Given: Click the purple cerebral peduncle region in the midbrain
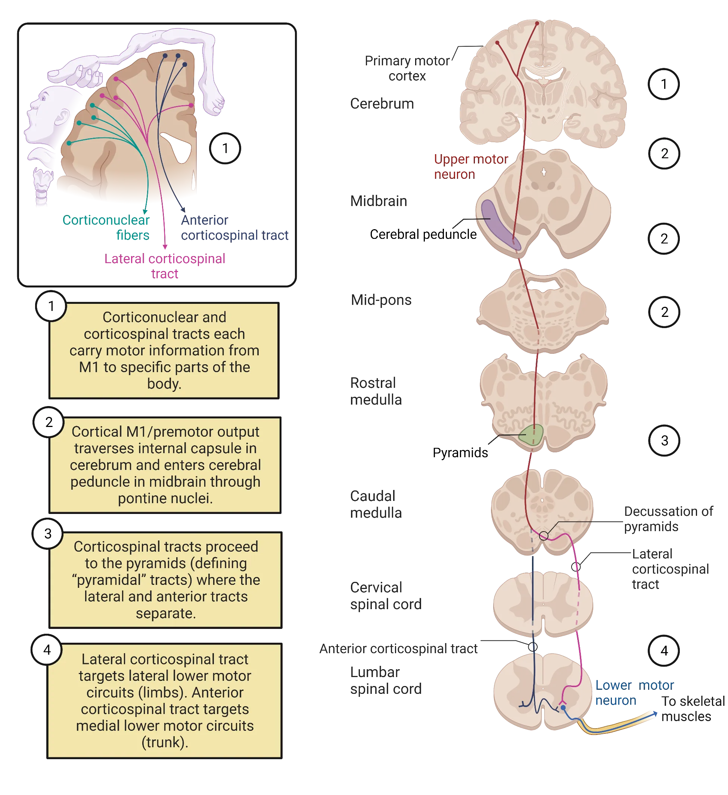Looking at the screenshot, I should click(498, 224).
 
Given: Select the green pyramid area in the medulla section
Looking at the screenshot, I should click(532, 435).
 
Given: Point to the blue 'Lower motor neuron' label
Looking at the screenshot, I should click(633, 692).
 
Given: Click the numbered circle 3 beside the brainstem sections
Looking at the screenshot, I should click(664, 440).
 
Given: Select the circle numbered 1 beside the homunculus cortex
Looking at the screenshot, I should click(225, 148).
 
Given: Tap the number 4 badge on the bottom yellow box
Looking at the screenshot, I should click(47, 649).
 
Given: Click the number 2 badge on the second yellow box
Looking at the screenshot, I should click(49, 422).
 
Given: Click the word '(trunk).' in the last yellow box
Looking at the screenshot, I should click(165, 742).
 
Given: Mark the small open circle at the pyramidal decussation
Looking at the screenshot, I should click(544, 536).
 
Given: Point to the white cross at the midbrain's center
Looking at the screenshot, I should click(544, 172).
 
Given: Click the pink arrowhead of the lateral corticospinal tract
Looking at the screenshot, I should click(165, 246).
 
